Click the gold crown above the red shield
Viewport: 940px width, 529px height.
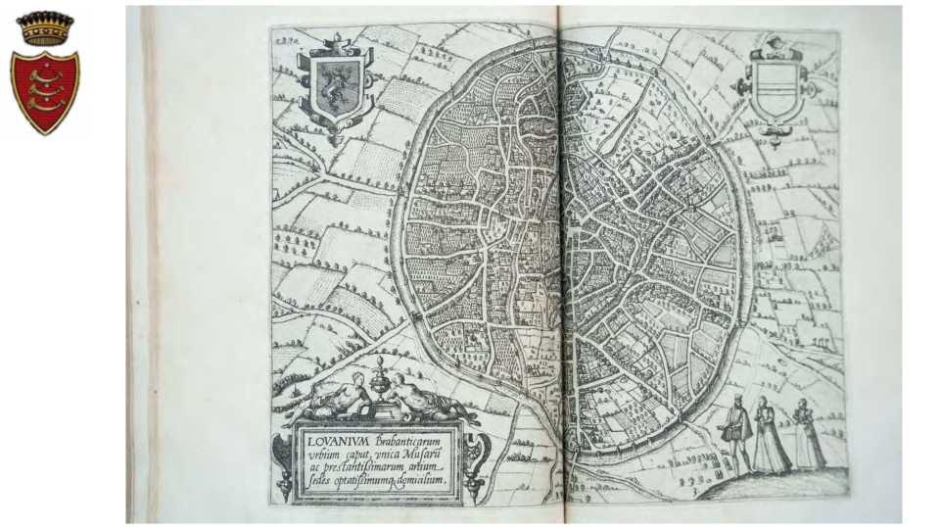tap(45, 27)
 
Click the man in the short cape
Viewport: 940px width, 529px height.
tap(736, 432)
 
